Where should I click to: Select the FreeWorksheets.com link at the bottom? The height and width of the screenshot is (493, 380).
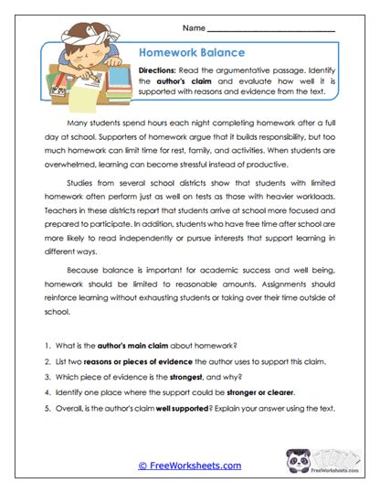(x=189, y=465)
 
